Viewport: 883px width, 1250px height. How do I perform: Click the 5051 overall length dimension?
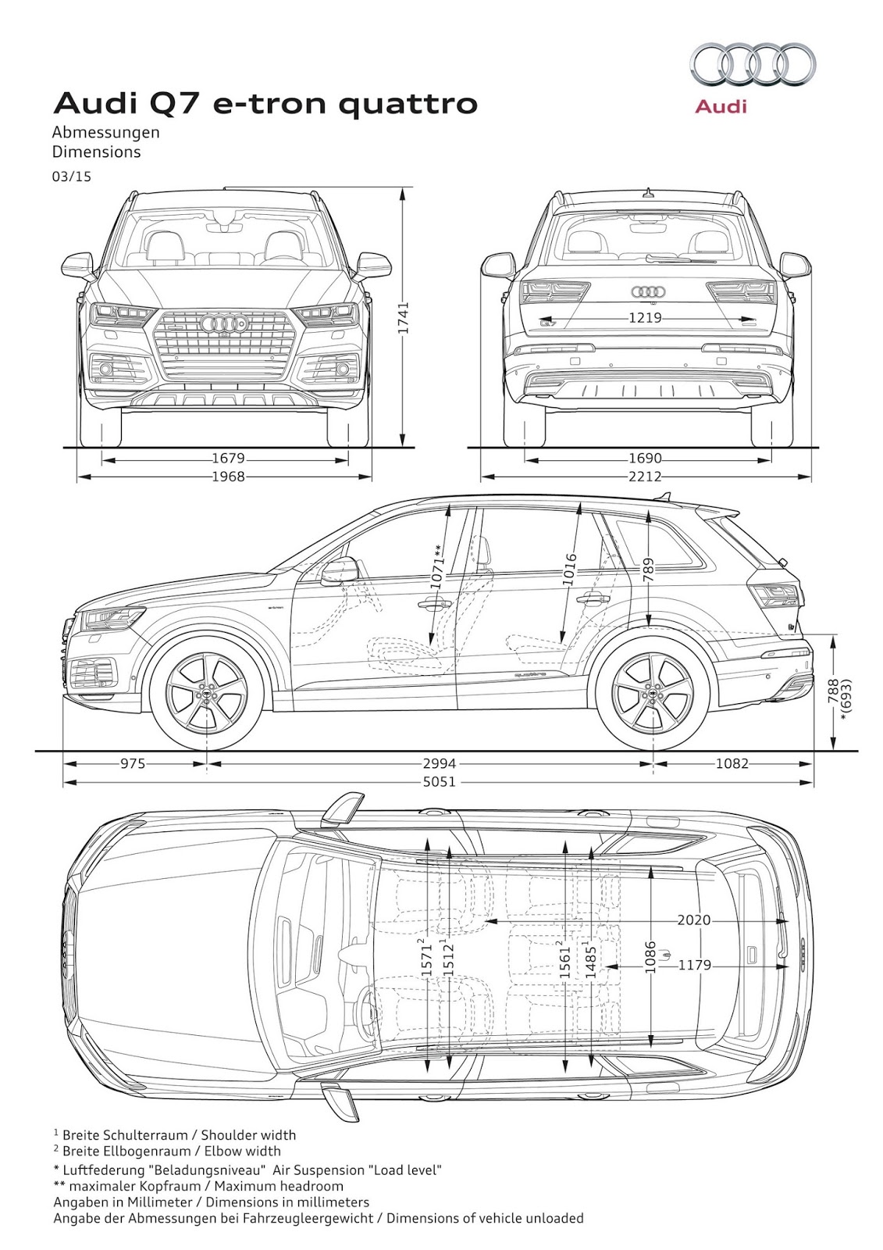[440, 781]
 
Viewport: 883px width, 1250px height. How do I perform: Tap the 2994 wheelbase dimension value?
[440, 763]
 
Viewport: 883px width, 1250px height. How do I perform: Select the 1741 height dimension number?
[404, 319]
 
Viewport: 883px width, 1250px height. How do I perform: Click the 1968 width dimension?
[228, 477]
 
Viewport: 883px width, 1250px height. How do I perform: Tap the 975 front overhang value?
[133, 763]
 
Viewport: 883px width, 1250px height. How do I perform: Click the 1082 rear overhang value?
[732, 763]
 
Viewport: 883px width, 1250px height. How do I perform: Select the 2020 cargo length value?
[694, 920]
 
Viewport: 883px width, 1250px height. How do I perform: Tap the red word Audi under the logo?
[721, 105]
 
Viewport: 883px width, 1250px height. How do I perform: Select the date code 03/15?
[72, 177]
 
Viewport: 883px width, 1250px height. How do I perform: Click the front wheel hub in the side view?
[207, 693]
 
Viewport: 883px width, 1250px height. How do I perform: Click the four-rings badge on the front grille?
[224, 323]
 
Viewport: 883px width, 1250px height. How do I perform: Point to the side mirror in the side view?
[340, 573]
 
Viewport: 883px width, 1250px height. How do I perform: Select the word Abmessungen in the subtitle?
[106, 132]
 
